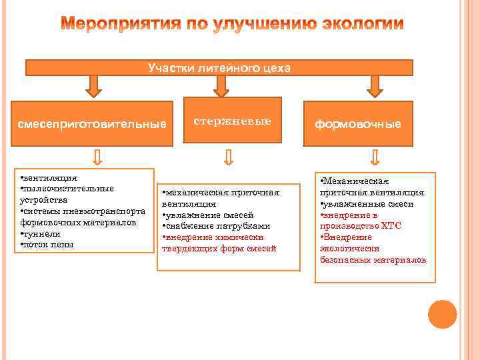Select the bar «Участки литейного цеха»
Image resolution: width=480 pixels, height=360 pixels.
(x=219, y=67)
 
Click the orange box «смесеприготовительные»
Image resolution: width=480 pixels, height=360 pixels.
(x=92, y=124)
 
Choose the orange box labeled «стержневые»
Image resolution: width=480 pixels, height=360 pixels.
(x=232, y=121)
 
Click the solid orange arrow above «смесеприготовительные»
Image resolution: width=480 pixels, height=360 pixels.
(x=93, y=85)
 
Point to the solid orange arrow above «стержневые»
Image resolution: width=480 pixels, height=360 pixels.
(x=221, y=85)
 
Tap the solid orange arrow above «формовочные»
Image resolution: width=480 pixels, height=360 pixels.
(x=374, y=85)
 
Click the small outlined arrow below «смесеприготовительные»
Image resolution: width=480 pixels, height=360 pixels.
(x=98, y=156)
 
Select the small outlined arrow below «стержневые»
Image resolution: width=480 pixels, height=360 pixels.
(x=229, y=156)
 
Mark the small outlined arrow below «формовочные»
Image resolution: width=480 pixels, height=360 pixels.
(x=375, y=157)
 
